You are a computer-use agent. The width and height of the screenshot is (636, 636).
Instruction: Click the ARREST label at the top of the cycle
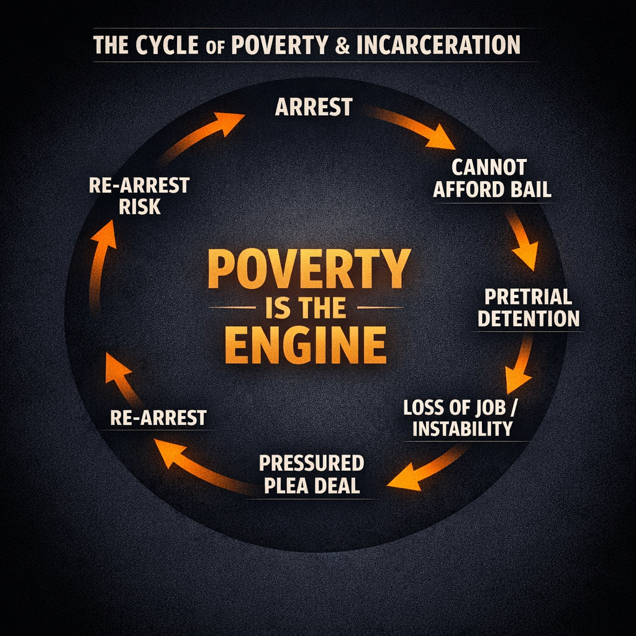coord(314,107)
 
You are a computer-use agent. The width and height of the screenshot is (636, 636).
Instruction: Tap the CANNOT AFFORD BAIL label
coord(492,178)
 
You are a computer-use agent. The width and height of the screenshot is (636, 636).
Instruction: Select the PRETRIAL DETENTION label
coord(529,307)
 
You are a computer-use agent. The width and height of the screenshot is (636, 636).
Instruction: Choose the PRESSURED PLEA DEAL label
coord(311,474)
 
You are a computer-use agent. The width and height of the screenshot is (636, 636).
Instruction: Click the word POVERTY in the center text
coord(309,268)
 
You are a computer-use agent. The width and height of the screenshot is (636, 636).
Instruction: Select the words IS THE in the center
coord(305,307)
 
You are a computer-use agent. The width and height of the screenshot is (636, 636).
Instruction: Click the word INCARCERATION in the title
coord(438,45)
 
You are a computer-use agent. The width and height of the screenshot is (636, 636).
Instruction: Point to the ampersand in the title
coord(342,46)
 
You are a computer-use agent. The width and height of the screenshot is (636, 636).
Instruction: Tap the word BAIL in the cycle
coord(529,189)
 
